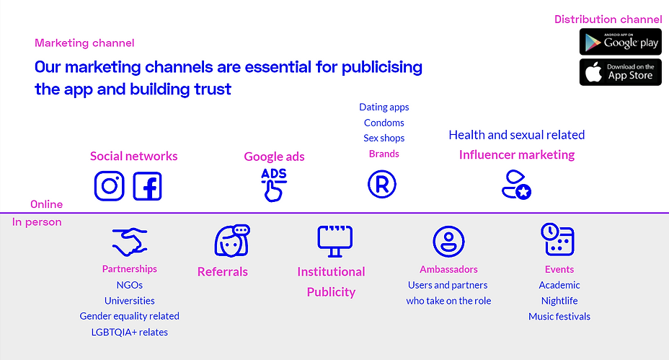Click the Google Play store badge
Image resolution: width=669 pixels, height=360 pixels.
click(621, 42)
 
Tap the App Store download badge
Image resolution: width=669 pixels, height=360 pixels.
click(621, 72)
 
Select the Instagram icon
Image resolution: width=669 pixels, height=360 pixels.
click(110, 185)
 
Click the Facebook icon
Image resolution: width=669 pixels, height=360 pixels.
click(147, 186)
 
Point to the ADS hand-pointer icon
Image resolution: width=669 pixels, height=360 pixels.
click(274, 185)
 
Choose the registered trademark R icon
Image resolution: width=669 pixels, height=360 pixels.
click(382, 185)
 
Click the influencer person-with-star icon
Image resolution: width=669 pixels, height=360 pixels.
click(516, 185)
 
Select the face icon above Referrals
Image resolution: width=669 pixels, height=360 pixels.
click(231, 240)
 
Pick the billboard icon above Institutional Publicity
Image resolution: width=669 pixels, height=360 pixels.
click(335, 241)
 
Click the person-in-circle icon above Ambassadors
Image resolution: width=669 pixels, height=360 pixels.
click(448, 242)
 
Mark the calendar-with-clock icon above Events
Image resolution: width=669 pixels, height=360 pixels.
click(558, 239)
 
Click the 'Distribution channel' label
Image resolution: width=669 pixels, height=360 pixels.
click(608, 19)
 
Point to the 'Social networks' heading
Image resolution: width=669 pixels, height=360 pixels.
click(133, 156)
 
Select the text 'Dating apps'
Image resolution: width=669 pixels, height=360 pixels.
click(384, 107)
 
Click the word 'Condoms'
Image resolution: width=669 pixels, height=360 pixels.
click(384, 123)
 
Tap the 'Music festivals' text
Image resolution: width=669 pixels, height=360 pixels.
click(559, 317)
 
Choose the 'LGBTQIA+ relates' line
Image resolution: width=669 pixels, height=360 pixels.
click(130, 333)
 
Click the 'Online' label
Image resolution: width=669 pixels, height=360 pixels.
click(47, 205)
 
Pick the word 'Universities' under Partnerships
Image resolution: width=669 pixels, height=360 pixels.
click(130, 301)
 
